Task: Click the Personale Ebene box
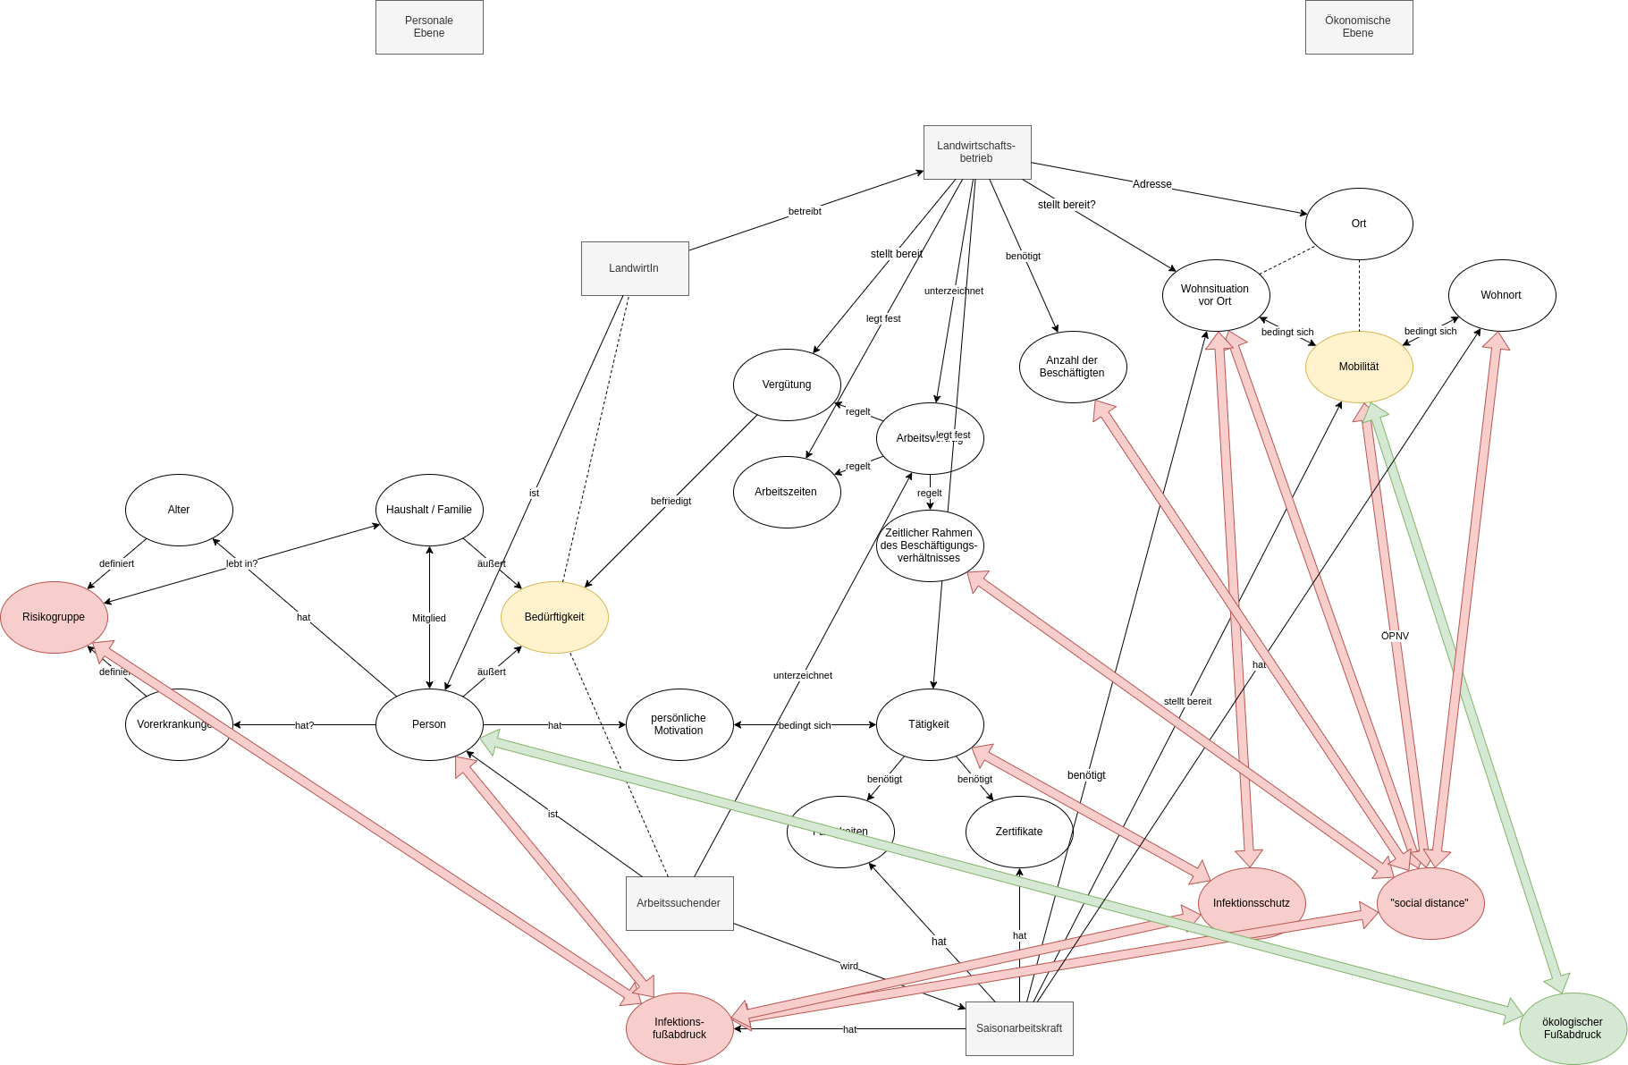(429, 27)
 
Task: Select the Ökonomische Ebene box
(1358, 27)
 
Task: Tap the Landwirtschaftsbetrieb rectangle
(976, 152)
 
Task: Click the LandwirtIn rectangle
(634, 268)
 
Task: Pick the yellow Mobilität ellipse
(1358, 367)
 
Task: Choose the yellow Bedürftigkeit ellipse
(553, 617)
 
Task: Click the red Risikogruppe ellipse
(54, 617)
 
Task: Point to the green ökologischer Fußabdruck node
(1572, 1028)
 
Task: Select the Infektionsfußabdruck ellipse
(679, 1028)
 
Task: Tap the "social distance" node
(1430, 903)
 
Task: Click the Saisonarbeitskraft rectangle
(1018, 1028)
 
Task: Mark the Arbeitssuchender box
(679, 903)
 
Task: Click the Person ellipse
(429, 724)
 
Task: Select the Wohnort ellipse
(1501, 295)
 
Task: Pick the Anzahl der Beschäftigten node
(1072, 367)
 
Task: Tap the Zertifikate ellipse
(1018, 832)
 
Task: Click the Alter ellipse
(179, 510)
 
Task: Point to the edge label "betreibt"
(805, 211)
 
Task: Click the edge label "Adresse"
(1151, 184)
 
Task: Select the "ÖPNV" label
(1395, 636)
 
